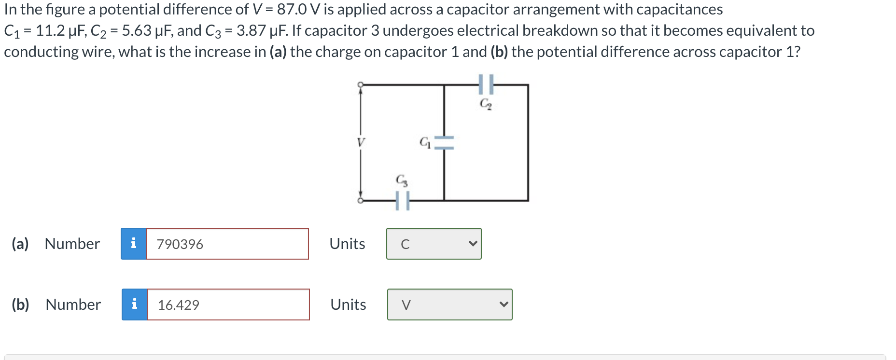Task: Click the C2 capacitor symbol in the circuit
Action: click(486, 84)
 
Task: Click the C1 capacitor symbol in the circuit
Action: click(444, 141)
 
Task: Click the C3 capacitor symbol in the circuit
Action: click(403, 201)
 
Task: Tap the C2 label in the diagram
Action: click(486, 103)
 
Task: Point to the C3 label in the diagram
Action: click(402, 180)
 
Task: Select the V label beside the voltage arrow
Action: click(360, 142)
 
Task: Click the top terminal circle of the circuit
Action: click(360, 85)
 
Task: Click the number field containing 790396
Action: click(227, 244)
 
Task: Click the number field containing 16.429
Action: click(228, 305)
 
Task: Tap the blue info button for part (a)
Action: click(134, 244)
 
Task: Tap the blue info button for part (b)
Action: click(135, 305)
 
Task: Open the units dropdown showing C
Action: click(434, 244)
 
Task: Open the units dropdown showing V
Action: click(449, 305)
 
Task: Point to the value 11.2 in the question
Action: click(50, 30)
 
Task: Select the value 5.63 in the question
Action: click(137, 30)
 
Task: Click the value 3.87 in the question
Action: click(251, 30)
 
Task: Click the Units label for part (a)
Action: click(347, 244)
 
